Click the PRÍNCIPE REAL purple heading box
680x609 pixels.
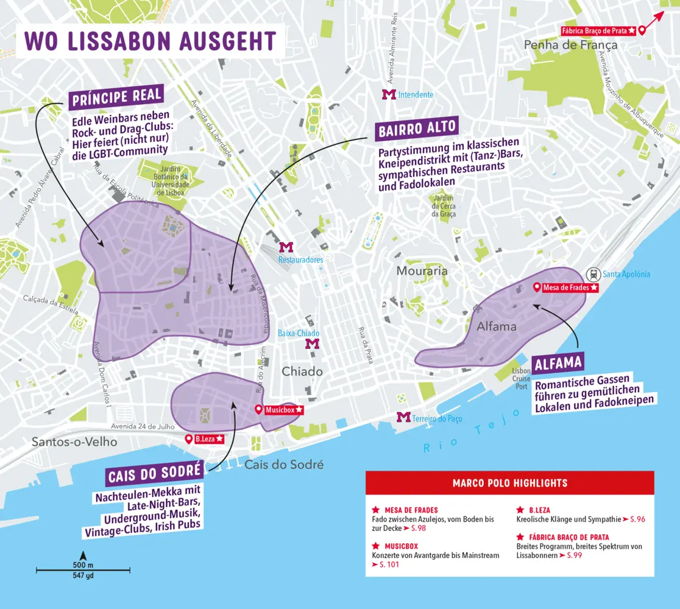(116, 96)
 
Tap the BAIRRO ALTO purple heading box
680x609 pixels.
(417, 129)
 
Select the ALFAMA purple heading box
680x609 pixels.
(558, 364)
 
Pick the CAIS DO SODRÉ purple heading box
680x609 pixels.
(154, 474)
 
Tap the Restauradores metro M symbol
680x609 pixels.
(286, 247)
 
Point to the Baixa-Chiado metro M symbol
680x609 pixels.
(312, 344)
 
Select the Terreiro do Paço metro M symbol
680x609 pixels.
(403, 417)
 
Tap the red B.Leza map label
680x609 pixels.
(205, 438)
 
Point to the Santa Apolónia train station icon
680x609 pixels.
(592, 274)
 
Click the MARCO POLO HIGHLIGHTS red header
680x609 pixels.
(509, 483)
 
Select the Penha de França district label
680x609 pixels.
(570, 45)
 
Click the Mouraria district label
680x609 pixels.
(422, 270)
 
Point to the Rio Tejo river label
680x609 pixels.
(472, 431)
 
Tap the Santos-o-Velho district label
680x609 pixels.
(74, 442)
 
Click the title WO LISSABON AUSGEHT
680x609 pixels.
(150, 41)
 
